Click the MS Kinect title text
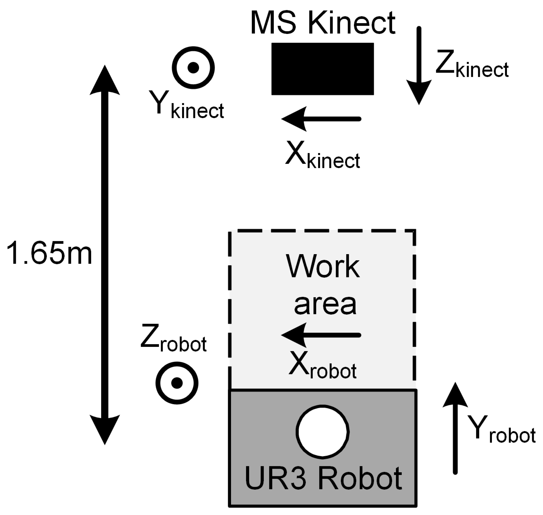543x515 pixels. (x=322, y=23)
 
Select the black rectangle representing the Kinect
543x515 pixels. (x=322, y=69)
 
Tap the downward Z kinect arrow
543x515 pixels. (x=419, y=66)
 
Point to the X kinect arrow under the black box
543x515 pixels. (x=321, y=119)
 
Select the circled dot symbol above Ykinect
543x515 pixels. (x=193, y=68)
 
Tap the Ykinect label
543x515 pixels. (x=187, y=106)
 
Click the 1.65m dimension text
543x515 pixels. (x=49, y=253)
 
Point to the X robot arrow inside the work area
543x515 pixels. (x=321, y=335)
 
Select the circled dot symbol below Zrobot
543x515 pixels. (x=177, y=383)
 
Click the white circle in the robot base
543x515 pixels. (x=322, y=432)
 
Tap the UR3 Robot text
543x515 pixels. (x=323, y=478)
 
